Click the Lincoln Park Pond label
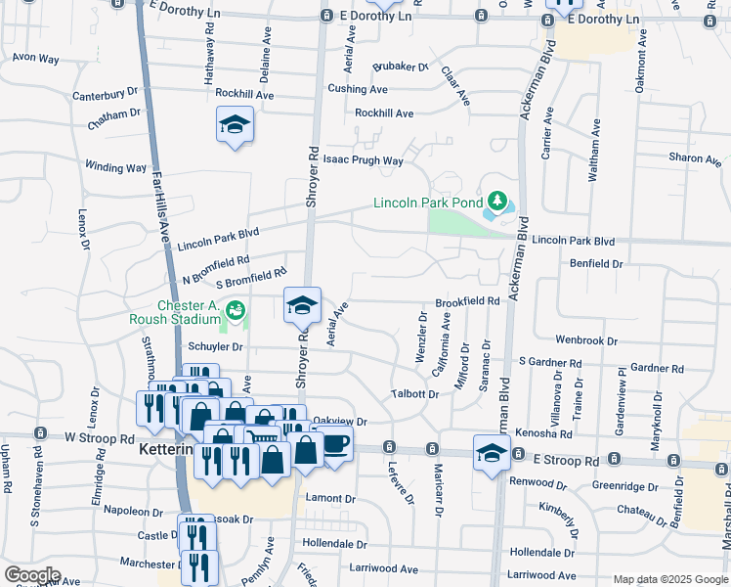(x=428, y=203)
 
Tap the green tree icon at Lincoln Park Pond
(x=498, y=203)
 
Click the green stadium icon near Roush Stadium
(x=235, y=311)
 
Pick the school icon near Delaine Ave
(x=234, y=125)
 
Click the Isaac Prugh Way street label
(x=363, y=160)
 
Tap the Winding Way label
(x=115, y=167)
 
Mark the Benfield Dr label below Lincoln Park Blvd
(x=596, y=263)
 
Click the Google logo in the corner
(x=31, y=575)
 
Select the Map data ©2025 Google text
(x=669, y=579)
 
